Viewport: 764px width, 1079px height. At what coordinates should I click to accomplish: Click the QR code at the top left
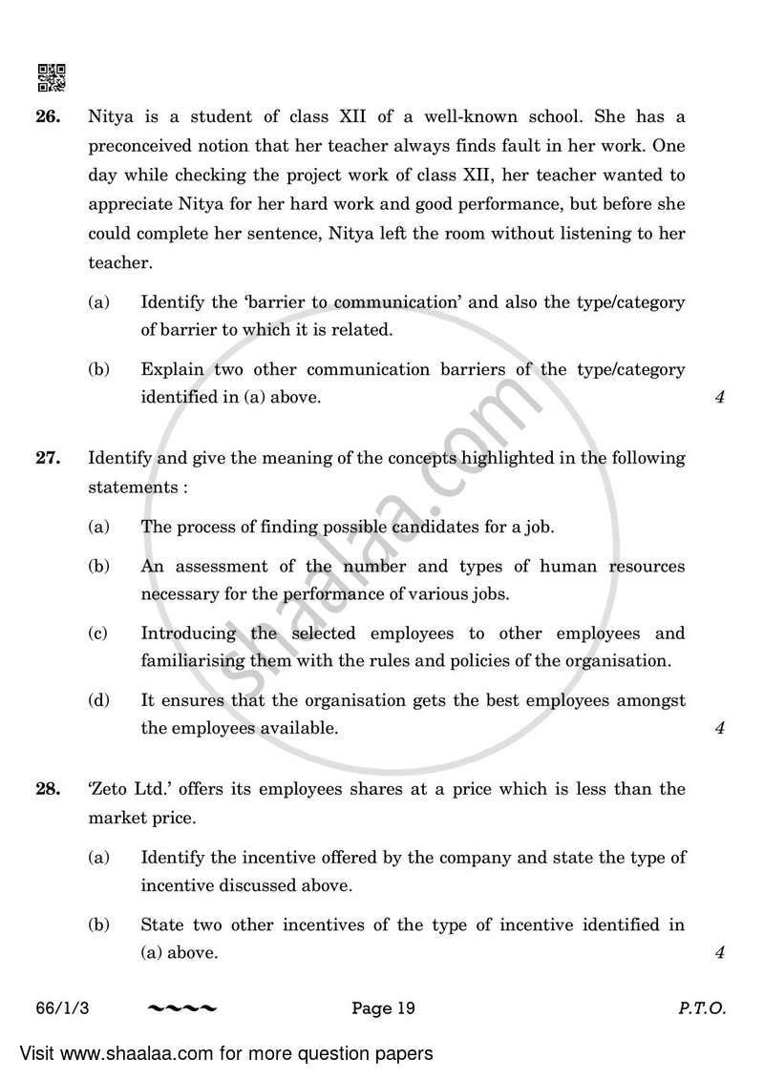click(51, 77)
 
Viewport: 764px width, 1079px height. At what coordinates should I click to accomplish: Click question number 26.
click(49, 118)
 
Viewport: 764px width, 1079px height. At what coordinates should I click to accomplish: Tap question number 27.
click(49, 458)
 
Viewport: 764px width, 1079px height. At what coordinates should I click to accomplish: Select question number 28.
click(49, 789)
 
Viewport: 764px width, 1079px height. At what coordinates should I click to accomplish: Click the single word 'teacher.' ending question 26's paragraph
click(118, 262)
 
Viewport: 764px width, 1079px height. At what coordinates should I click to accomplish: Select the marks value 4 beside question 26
click(719, 398)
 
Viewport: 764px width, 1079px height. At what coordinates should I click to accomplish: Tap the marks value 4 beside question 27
click(719, 729)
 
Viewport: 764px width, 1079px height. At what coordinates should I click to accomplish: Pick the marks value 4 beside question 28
click(719, 953)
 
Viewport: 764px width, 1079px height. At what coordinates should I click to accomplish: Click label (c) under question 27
click(98, 633)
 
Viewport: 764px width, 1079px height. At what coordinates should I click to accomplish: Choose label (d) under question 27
click(98, 700)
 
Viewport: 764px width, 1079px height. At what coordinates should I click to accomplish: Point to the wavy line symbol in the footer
click(182, 1007)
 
